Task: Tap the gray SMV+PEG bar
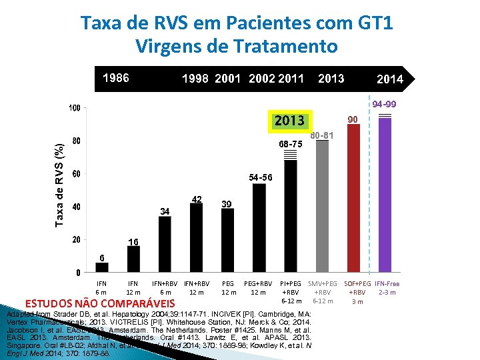(x=323, y=207)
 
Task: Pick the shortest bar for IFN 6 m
(x=101, y=267)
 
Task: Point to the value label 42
(x=197, y=199)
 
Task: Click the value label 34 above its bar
(x=165, y=211)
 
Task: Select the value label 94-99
(x=385, y=105)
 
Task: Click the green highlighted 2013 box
(x=287, y=121)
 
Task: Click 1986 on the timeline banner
(x=115, y=78)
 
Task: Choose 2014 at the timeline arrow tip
(x=389, y=79)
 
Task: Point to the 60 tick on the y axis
(x=77, y=174)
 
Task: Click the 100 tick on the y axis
(x=75, y=108)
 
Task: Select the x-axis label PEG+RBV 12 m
(x=259, y=288)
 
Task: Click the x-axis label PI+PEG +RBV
(x=291, y=288)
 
